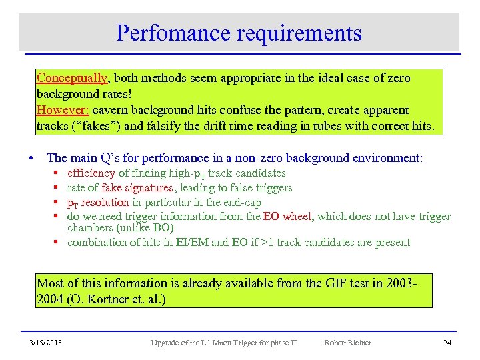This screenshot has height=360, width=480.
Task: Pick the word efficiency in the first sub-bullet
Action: click(x=91, y=173)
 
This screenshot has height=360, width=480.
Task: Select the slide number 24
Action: click(x=447, y=343)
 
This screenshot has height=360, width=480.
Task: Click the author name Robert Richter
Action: click(x=347, y=343)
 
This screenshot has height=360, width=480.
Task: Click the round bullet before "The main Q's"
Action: click(x=31, y=158)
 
